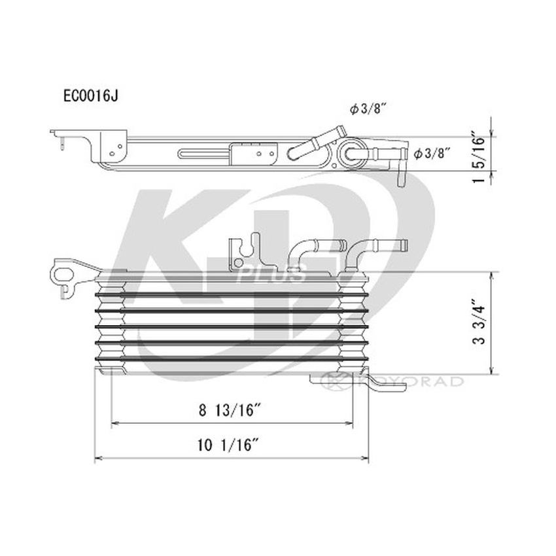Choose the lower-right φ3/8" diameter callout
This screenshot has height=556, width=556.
[x=433, y=154]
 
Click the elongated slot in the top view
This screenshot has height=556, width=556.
[x=203, y=155]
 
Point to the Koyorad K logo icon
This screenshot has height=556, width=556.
[x=335, y=380]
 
